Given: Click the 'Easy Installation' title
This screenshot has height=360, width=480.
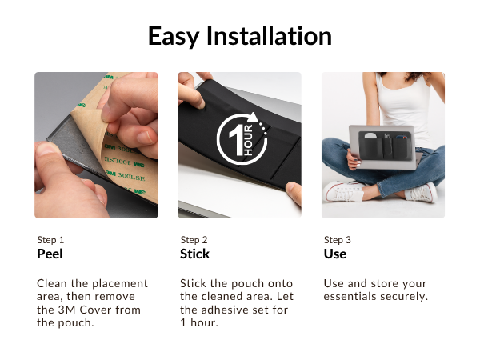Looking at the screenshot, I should click(240, 36).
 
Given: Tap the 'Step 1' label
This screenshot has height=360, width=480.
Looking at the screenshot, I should click(50, 240).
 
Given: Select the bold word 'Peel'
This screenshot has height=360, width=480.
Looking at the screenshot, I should click(50, 254).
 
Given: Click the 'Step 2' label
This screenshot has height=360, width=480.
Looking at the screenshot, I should click(194, 240).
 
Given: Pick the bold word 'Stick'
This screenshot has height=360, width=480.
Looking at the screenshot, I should click(194, 254).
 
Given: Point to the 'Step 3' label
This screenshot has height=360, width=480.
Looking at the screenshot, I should click(337, 240).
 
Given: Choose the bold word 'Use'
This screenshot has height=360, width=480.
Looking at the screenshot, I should click(334, 254).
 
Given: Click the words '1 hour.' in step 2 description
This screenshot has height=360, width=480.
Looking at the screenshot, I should click(199, 323).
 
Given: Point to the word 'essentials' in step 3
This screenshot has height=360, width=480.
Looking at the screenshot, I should click(350, 297).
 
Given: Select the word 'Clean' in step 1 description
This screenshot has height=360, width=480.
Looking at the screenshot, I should click(53, 284).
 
